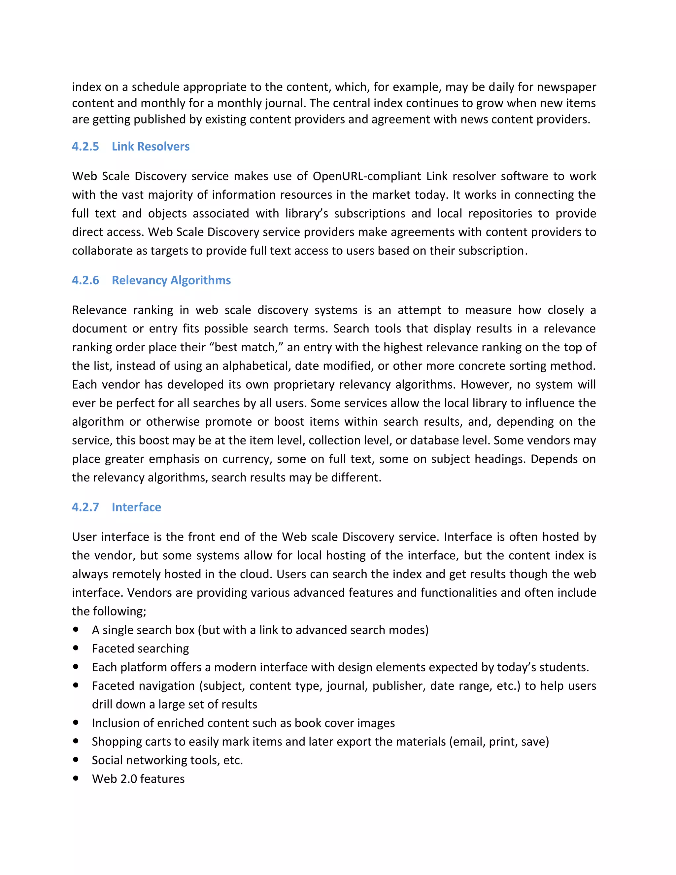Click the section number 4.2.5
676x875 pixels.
tap(85, 147)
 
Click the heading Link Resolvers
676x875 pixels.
tap(151, 147)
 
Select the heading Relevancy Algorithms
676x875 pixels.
tap(171, 280)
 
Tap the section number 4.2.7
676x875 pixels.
tap(85, 507)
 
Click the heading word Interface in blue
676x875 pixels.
tap(136, 507)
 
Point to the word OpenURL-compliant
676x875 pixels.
tap(366, 176)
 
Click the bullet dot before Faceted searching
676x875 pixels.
tap(76, 648)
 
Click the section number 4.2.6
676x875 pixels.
tap(85, 280)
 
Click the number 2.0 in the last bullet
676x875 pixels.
tap(128, 779)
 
